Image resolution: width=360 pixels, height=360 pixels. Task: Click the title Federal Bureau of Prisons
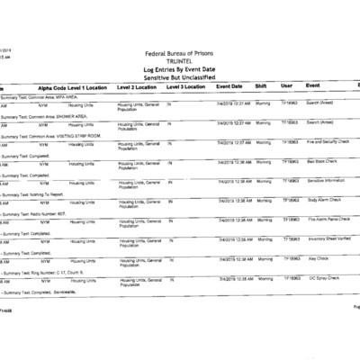(180, 55)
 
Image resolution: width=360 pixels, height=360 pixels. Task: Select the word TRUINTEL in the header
(180, 62)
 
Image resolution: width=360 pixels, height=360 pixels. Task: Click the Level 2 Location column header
(138, 87)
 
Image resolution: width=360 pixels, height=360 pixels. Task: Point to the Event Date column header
(229, 86)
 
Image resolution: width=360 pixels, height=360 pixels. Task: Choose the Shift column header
(262, 86)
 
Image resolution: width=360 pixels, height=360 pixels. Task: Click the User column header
(286, 86)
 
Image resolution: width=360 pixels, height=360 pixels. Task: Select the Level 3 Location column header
(186, 87)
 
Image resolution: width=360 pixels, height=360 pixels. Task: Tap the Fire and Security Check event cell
(328, 141)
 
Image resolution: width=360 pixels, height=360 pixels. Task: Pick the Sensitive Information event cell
(327, 180)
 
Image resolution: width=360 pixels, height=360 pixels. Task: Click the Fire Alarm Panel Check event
(328, 220)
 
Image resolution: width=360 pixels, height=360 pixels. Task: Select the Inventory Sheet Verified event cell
(330, 239)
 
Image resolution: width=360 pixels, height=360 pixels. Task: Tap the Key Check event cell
(318, 258)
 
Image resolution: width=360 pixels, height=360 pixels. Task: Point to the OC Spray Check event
(323, 278)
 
